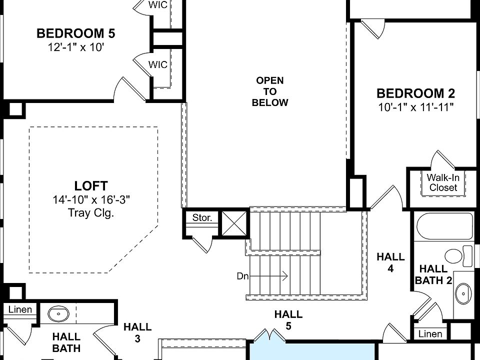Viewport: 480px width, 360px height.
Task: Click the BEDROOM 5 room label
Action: (76, 33)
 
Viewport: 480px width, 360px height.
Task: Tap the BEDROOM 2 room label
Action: (415, 93)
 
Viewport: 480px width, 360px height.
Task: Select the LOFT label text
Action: (91, 186)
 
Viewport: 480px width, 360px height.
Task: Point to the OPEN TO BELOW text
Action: (270, 91)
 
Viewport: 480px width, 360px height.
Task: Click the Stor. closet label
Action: (202, 218)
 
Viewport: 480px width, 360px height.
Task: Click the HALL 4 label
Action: (390, 262)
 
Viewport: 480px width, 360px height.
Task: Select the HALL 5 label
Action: (288, 320)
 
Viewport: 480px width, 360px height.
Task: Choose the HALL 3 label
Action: (137, 332)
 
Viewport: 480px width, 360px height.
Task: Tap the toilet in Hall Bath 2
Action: (456, 255)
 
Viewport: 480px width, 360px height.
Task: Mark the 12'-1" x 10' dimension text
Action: (76, 47)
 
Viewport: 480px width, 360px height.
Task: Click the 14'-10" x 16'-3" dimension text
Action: (91, 200)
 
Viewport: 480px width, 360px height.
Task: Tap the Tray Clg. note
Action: (91, 212)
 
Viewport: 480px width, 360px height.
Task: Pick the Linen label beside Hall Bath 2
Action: (430, 333)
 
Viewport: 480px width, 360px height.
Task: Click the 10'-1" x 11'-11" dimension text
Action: (415, 107)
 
